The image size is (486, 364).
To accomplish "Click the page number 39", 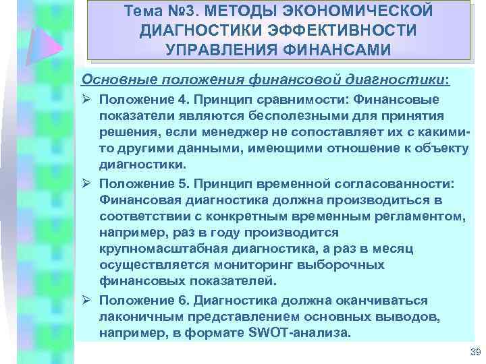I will click(x=473, y=351).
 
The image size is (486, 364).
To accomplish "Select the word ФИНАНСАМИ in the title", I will click(x=334, y=51).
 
